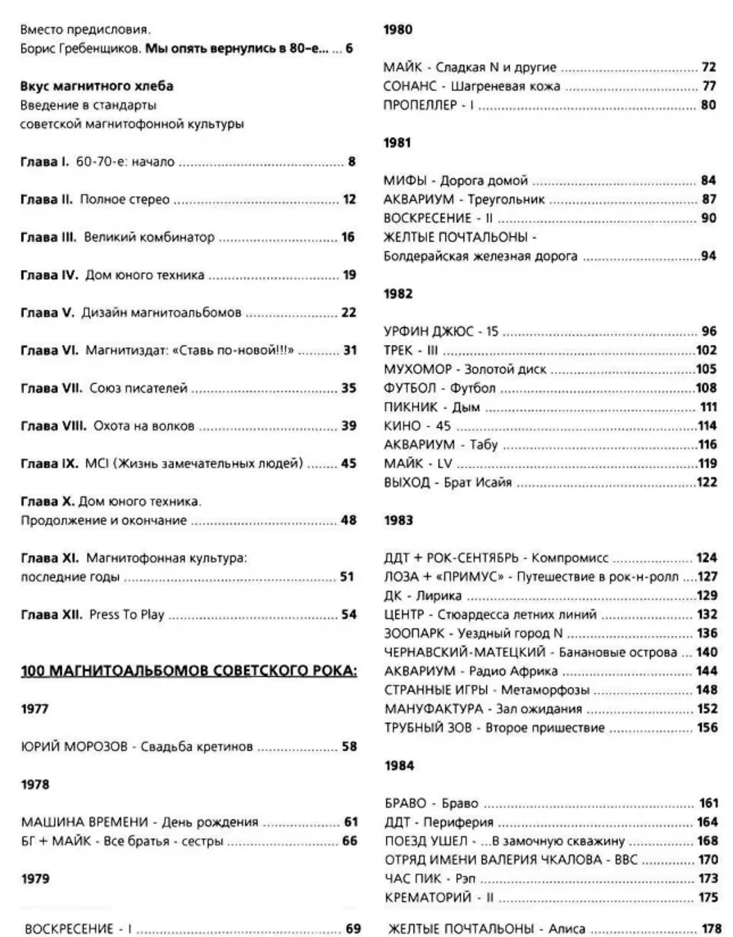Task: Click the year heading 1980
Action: (397, 29)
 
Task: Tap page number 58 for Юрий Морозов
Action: (349, 746)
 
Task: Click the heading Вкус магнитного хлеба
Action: (97, 86)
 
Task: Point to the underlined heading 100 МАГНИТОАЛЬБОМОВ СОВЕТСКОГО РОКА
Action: (189, 671)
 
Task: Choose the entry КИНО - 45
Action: (417, 426)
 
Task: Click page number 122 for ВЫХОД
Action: (707, 482)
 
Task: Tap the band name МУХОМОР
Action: (417, 369)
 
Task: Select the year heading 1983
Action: (398, 520)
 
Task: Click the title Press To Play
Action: (127, 614)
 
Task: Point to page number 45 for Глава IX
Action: (349, 464)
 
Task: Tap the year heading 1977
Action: (34, 708)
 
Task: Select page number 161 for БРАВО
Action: (708, 803)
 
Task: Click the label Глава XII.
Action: (51, 614)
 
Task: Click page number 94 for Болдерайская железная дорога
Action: (708, 256)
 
